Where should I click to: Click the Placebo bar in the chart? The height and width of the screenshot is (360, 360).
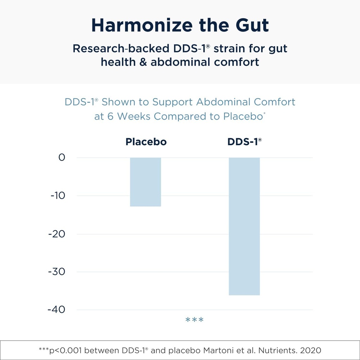146,182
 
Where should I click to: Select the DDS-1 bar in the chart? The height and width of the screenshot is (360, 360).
244,226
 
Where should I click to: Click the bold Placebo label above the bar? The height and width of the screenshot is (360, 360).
146,142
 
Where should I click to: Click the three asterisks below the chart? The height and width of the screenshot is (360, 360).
194,320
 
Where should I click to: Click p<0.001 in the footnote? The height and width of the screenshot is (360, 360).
68,350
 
